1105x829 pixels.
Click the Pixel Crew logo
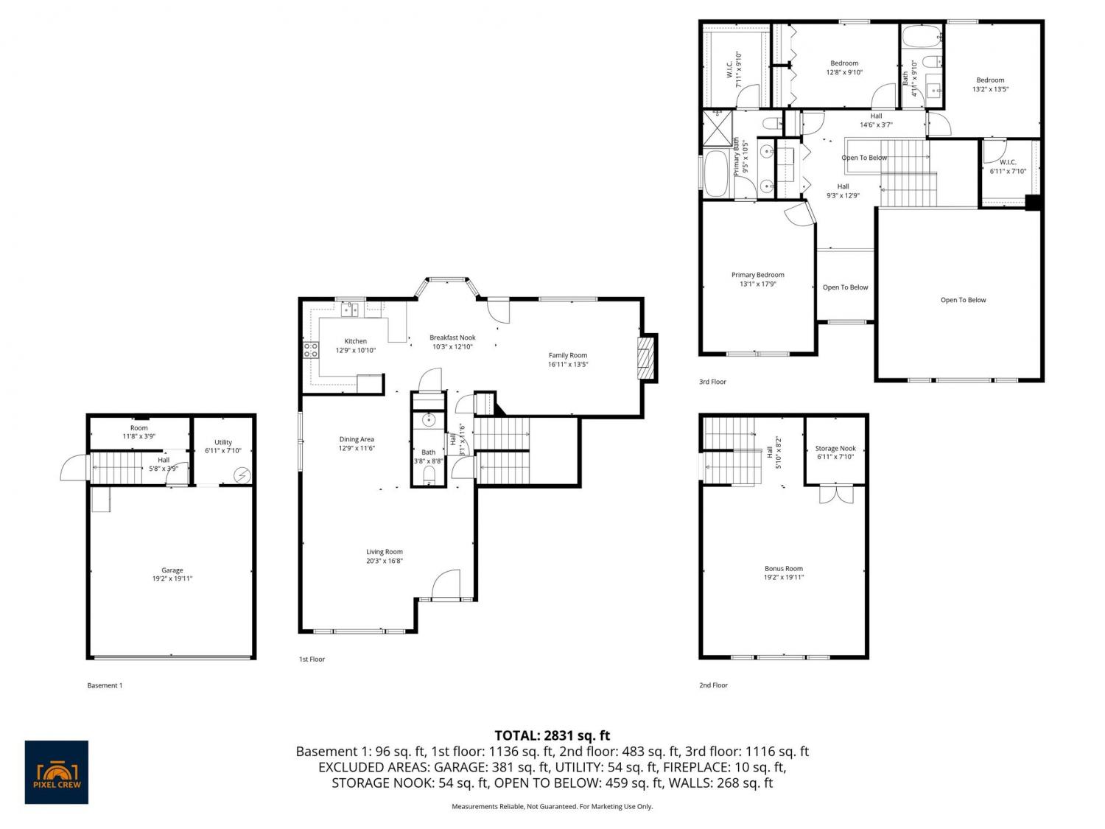pos(57,772)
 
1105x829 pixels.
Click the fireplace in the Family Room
pos(645,358)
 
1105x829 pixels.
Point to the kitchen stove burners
pos(311,350)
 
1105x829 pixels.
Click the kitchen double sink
pos(349,309)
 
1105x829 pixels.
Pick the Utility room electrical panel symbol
pos(242,475)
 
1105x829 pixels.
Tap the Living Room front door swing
pos(446,584)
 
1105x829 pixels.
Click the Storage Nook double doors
pos(836,494)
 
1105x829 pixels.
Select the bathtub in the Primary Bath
pos(715,174)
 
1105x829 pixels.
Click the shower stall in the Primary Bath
pos(718,127)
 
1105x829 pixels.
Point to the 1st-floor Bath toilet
pos(429,474)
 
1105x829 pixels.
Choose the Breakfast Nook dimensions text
pos(452,347)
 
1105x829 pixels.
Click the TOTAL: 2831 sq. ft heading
pos(552,735)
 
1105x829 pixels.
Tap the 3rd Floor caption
pos(712,382)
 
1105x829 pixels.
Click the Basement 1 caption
pos(105,685)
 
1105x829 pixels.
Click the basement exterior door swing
pos(74,467)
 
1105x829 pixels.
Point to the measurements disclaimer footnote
pos(552,806)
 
